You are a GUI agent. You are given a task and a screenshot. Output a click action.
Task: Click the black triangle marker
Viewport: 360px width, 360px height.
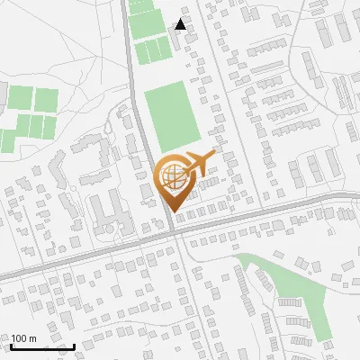tap(181, 24)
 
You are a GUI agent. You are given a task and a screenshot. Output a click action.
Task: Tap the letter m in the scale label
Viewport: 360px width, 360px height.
tap(33, 338)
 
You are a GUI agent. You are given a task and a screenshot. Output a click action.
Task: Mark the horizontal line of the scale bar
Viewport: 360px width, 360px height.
tap(42, 347)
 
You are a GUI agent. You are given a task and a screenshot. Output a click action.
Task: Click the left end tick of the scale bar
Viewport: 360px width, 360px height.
tap(12, 346)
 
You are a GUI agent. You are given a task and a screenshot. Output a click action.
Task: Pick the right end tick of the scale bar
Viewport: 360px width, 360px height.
tap(74, 346)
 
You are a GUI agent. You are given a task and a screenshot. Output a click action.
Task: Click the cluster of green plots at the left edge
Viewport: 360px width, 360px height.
tap(27, 112)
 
